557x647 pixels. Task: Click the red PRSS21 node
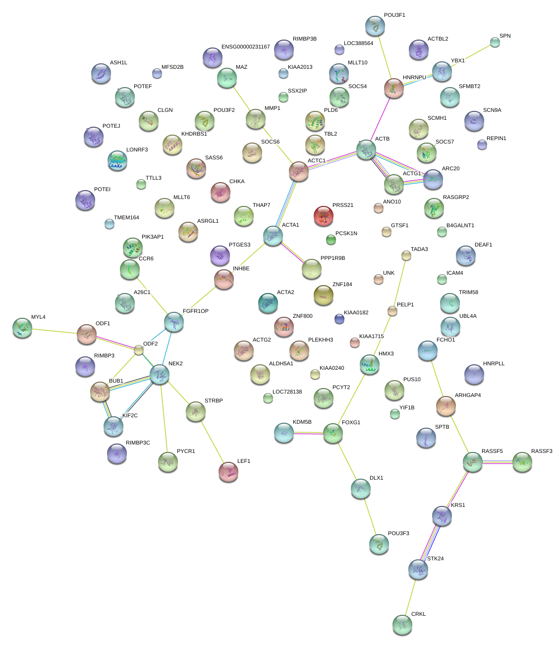tap(323, 216)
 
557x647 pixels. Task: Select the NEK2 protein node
tap(160, 375)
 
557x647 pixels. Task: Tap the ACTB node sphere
tap(366, 149)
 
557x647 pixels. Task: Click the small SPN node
tap(495, 42)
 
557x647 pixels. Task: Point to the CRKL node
tap(402, 625)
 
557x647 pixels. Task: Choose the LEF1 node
tap(228, 471)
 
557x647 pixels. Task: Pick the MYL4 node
tap(22, 327)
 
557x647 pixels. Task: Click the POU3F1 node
tap(375, 26)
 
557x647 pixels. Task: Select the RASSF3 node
tap(522, 461)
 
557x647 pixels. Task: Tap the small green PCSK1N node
tap(331, 240)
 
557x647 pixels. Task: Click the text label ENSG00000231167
tap(245, 47)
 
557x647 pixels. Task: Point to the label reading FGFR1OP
tap(195, 311)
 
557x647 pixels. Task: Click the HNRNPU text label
tap(414, 78)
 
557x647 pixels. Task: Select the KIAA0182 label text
tap(356, 313)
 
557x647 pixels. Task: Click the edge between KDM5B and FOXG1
tap(308, 434)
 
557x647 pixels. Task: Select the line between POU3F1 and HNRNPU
tap(384, 57)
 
